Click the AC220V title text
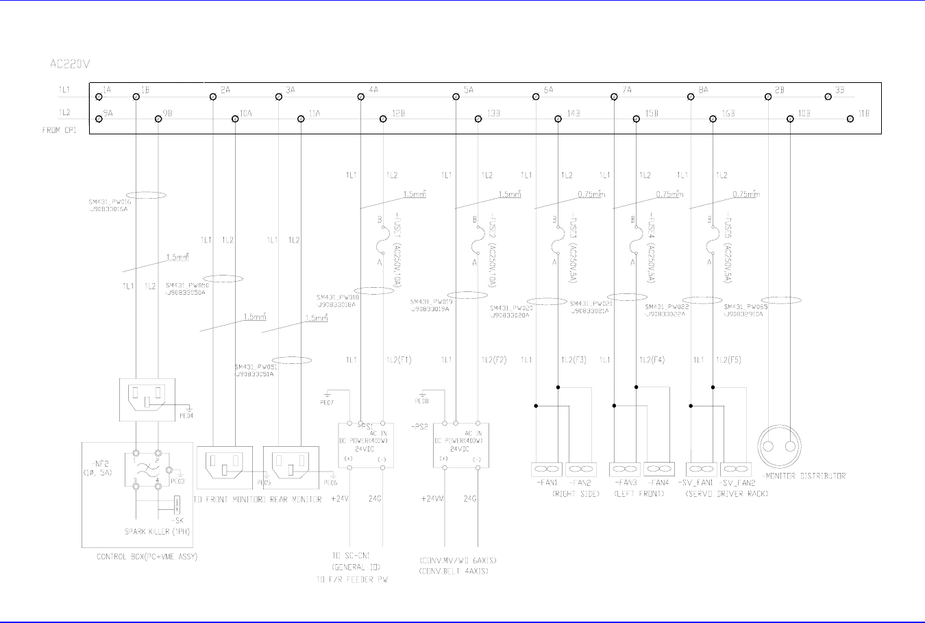[x=71, y=64]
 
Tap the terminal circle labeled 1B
[x=136, y=97]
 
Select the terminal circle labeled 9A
[x=99, y=119]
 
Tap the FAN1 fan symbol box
[x=547, y=469]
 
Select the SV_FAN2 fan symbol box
[x=736, y=469]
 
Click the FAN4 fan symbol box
[x=659, y=469]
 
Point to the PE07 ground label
[x=328, y=403]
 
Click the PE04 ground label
[x=186, y=415]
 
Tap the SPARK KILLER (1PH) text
[x=157, y=531]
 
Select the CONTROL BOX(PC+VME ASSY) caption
[x=147, y=557]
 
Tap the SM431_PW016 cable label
[x=109, y=202]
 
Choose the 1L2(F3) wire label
[x=573, y=360]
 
